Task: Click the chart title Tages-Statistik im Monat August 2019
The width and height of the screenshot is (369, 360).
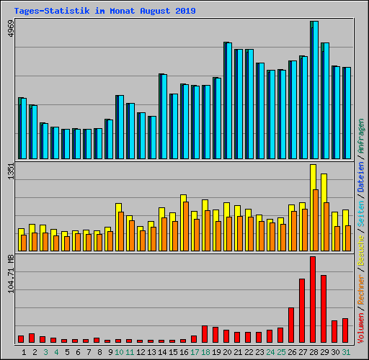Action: click(105, 11)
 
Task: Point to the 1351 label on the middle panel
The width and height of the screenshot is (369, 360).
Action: click(9, 174)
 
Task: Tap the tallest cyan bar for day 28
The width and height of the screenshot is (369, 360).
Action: click(315, 90)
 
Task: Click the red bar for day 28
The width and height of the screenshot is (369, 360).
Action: click(313, 299)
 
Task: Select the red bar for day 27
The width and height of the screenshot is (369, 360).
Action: click(302, 310)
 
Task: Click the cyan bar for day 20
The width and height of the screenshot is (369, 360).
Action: click(228, 101)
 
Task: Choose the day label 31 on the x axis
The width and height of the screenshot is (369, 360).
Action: click(346, 351)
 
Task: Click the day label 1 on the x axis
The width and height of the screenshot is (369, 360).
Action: click(24, 351)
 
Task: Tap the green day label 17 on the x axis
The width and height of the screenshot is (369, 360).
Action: click(195, 351)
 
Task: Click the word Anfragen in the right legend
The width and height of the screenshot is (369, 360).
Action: click(361, 138)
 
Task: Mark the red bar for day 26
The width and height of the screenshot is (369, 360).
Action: click(291, 325)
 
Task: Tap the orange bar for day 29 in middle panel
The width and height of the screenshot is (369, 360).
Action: click(326, 226)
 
